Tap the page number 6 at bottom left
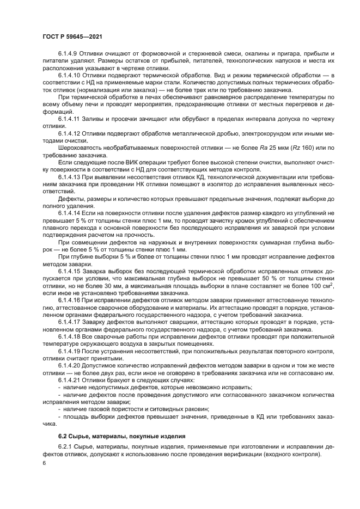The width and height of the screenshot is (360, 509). pos(44,463)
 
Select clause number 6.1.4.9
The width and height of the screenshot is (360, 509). pos(69,55)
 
